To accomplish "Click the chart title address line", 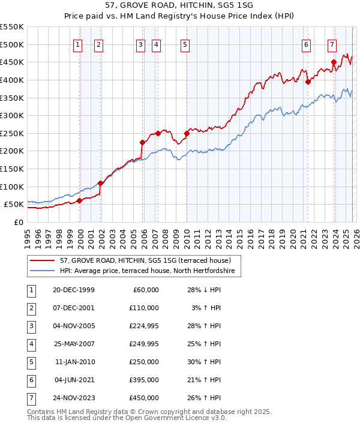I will click(x=180, y=7).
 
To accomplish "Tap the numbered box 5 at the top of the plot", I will click(x=184, y=44).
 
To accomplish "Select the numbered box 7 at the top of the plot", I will click(x=332, y=44).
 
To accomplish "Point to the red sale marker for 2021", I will click(x=307, y=82).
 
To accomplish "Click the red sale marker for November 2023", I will click(x=334, y=62).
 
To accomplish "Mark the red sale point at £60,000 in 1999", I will click(x=79, y=201).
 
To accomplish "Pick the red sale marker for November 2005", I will click(x=142, y=142).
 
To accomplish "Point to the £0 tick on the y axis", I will click(x=18, y=222).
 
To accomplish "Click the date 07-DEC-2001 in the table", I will click(x=74, y=307).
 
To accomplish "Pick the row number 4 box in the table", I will click(x=30, y=344).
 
